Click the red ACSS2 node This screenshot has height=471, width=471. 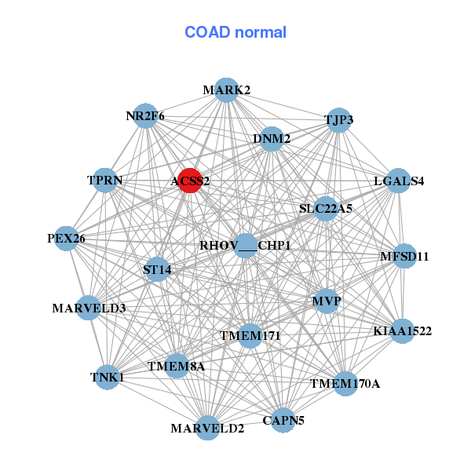189,181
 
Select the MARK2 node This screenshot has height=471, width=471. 226,90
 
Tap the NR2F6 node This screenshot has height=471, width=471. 145,116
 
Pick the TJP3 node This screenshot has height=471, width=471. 339,120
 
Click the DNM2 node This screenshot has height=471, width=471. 272,139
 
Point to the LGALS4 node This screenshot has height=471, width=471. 399,181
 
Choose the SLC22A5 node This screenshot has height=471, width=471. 326,209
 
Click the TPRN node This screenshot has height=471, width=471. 105,181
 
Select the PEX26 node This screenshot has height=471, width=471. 66,238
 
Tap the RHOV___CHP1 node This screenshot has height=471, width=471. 245,246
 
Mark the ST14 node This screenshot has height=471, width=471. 157,270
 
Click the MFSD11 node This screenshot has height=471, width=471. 404,256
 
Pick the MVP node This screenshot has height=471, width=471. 326,301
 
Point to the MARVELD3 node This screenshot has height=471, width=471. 89,308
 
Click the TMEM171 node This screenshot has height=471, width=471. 250,336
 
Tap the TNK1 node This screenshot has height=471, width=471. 107,378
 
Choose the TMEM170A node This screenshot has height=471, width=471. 345,384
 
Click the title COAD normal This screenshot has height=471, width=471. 235,33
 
